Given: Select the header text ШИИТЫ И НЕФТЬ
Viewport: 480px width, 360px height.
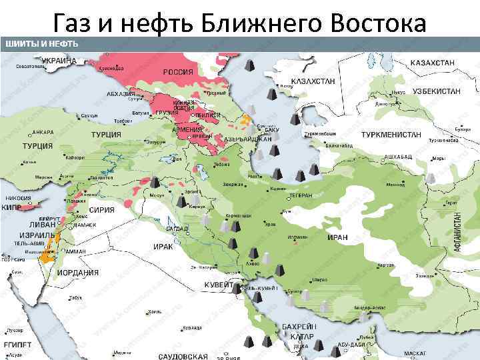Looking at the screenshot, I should coord(42,44).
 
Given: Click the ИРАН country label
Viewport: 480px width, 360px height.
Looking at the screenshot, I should coord(337,237).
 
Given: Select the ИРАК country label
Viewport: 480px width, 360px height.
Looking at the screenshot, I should coord(163,246).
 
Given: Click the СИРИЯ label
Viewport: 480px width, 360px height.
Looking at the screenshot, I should coord(102,209).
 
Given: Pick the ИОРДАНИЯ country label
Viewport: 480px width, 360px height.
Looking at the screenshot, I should coord(77,273).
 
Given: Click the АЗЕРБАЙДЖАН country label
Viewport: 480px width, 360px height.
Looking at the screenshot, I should coord(247,140).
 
